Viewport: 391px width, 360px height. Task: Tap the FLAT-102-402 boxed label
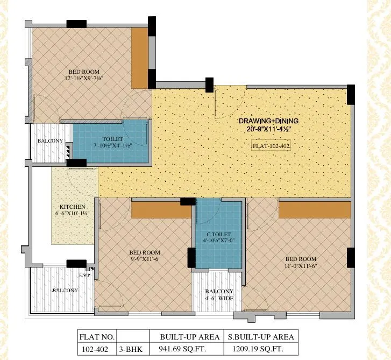coord(271,146)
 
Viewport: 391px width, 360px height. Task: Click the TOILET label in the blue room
coord(112,139)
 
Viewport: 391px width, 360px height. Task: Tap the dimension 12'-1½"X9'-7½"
coord(83,79)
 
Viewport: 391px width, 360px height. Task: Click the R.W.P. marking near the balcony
coord(84,274)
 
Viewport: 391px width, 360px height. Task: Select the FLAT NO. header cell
coord(97,337)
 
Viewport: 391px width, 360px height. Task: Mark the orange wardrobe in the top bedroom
coord(140,58)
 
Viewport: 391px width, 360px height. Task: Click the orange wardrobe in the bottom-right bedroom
coord(314,210)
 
